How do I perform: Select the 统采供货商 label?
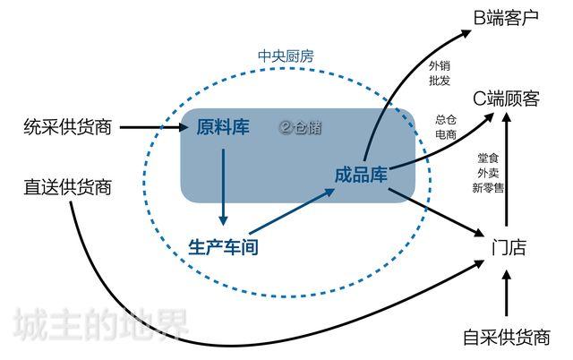[x=67, y=127]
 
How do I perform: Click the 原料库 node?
[x=223, y=127]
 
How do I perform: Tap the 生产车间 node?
[x=223, y=246]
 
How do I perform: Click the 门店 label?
[x=509, y=247]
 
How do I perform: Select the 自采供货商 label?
[x=507, y=338]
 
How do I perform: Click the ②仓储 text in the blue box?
[x=300, y=127]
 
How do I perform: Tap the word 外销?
[x=440, y=65]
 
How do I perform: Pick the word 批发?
[x=440, y=81]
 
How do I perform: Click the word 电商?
[x=445, y=134]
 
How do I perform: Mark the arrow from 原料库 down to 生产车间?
[x=223, y=184]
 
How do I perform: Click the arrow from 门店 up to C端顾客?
[x=508, y=170]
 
